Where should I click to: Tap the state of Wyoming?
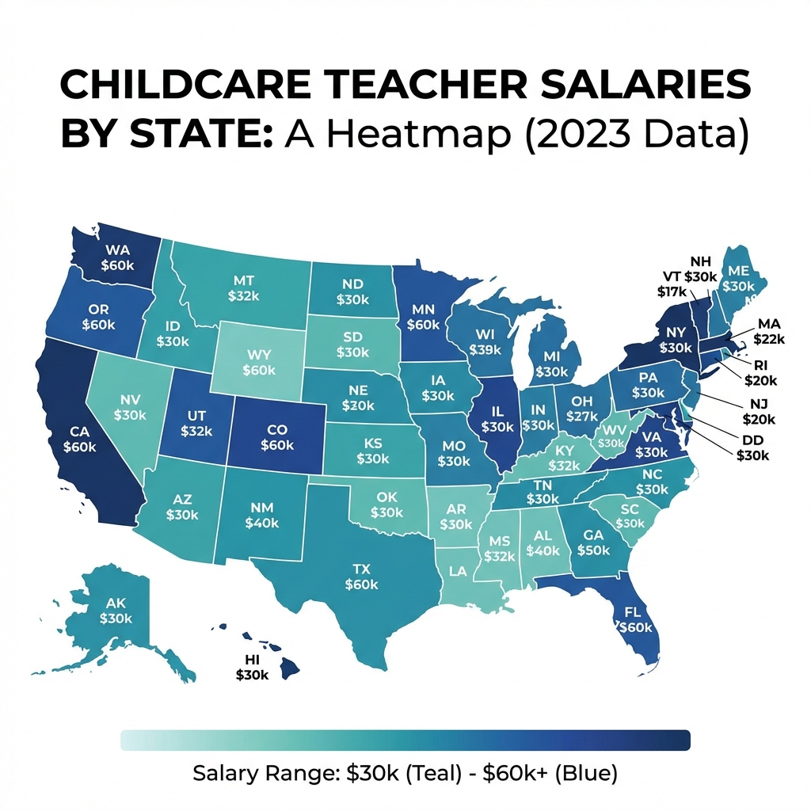click(259, 360)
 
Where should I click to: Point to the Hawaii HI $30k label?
click(253, 667)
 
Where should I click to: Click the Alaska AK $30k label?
click(116, 610)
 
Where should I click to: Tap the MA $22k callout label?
click(769, 331)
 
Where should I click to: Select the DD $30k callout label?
click(752, 448)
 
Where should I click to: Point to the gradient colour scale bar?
click(405, 740)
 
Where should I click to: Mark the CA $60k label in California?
click(79, 440)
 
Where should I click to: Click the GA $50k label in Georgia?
click(594, 542)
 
